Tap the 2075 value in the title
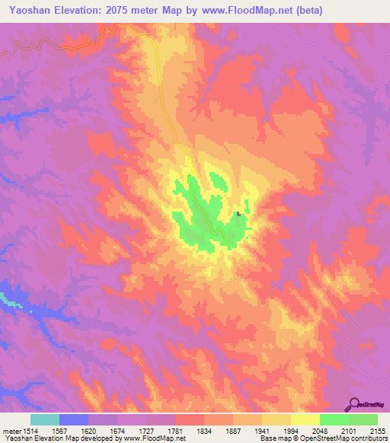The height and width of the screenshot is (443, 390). tap(131, 11)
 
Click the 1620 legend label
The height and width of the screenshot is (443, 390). tap(88, 430)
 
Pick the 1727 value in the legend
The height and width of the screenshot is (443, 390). tap(146, 430)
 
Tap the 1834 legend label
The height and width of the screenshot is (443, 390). tap(204, 430)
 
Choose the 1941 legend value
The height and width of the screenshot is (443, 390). tap(262, 430)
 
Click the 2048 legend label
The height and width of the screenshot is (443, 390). tap(320, 430)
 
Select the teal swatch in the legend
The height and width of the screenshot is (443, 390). tap(45, 419)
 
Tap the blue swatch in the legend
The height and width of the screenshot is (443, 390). tap(74, 419)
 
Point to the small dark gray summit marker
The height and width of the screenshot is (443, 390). tap(238, 214)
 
